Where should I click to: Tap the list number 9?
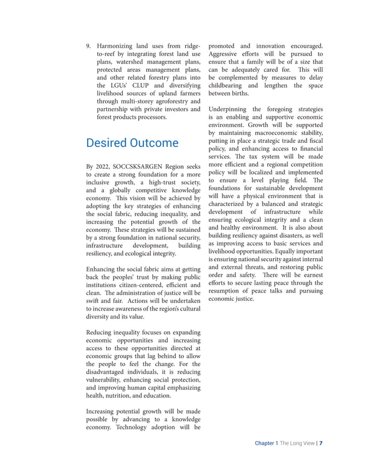(88, 45)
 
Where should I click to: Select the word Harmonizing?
(119, 45)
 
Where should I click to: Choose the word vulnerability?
(111, 380)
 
